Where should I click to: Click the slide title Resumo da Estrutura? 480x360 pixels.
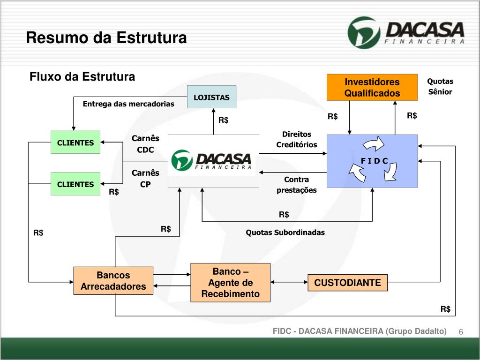coord(106,37)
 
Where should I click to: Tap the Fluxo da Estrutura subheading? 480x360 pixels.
coord(82,76)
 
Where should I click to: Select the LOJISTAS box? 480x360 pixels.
coord(211,97)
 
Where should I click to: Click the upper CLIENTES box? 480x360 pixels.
coord(75,142)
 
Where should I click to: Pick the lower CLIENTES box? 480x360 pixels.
coord(75,184)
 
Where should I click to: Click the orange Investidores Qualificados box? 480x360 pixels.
coord(372,88)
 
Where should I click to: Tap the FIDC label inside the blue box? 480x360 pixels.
coord(374,161)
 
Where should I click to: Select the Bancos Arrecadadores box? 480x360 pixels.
coord(113,281)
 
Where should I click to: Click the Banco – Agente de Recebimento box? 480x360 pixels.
coord(230,283)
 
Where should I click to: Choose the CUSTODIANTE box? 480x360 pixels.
coord(347,283)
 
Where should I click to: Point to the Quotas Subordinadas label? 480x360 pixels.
coord(285,232)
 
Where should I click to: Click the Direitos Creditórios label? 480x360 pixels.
coord(296,140)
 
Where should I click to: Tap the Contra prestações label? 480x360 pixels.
coord(296,185)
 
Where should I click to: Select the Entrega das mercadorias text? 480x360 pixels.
coord(128,104)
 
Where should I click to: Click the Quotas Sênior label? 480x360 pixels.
coord(440,87)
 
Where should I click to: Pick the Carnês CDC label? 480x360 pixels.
coord(145,144)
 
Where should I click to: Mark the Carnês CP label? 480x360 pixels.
coord(145,179)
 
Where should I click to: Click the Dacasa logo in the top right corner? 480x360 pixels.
coord(406,32)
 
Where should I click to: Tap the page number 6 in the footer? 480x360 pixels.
coord(461,332)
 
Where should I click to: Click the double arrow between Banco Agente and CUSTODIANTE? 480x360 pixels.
coord(289,283)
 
